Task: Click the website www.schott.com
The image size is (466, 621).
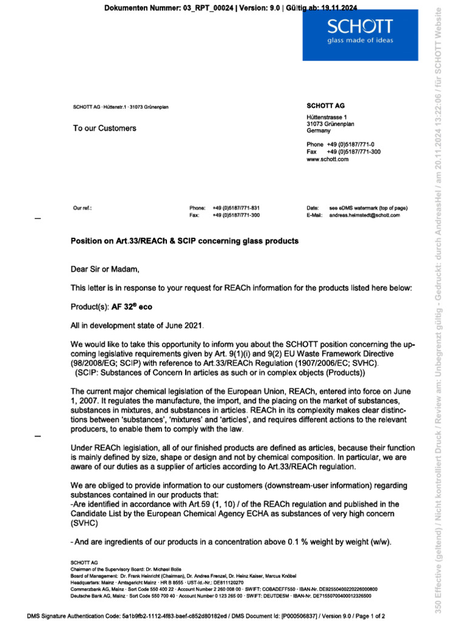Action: [328, 159]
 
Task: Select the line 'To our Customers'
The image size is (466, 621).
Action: [104, 128]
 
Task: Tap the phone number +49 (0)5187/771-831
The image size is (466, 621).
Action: [236, 208]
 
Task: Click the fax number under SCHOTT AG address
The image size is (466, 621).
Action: [354, 152]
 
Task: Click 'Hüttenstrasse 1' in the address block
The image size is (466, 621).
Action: [327, 116]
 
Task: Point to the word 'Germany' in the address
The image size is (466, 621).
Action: [319, 130]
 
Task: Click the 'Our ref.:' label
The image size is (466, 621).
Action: [82, 208]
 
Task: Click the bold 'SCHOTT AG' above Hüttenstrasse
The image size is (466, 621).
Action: [326, 106]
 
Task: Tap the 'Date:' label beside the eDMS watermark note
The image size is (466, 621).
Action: [312, 208]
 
